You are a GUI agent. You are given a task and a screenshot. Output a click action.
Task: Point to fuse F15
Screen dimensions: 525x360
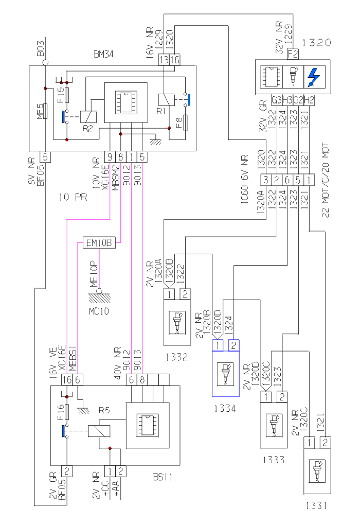click(67, 95)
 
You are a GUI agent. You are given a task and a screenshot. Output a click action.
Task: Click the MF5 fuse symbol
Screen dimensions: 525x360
click(45, 111)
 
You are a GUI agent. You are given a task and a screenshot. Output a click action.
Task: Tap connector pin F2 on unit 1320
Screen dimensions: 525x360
click(293, 52)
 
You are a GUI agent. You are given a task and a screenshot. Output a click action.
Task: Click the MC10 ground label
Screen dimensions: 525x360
click(99, 311)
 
